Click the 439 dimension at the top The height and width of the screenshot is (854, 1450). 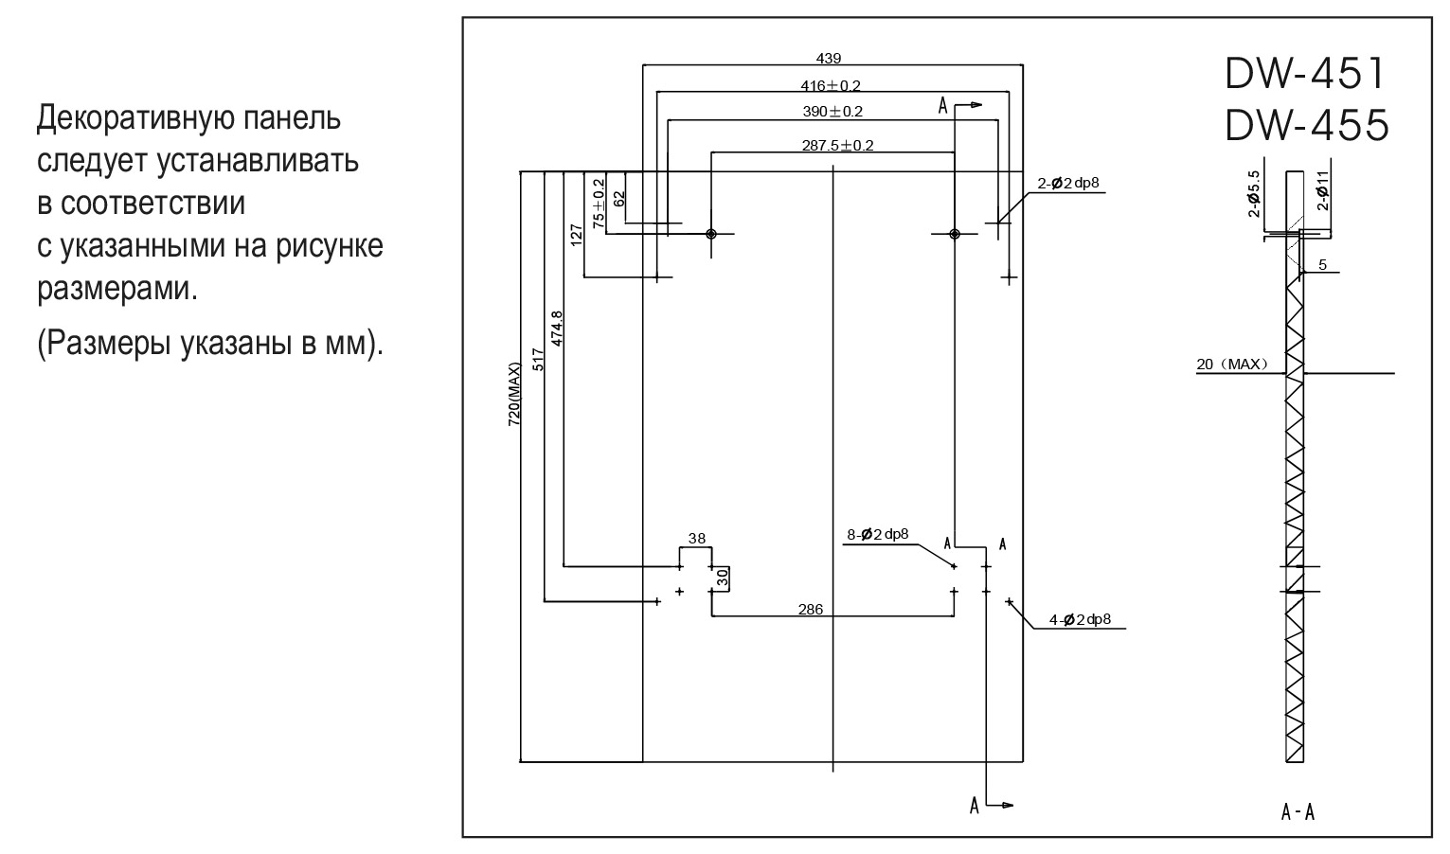click(828, 58)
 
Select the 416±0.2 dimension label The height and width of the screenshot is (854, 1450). click(831, 85)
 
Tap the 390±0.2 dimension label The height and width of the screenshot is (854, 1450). click(832, 111)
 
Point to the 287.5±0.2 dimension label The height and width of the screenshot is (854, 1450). click(837, 145)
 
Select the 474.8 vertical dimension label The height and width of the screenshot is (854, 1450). click(557, 328)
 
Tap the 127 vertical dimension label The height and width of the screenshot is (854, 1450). click(577, 235)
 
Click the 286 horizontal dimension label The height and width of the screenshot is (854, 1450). click(811, 610)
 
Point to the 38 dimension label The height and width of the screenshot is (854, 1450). click(696, 538)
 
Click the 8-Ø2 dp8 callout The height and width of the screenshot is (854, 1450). click(877, 534)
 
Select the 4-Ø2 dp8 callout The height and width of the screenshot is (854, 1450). click(1080, 620)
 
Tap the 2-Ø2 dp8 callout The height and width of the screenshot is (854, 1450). click(1068, 184)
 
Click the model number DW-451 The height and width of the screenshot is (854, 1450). click(1307, 73)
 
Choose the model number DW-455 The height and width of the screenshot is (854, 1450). click(1307, 125)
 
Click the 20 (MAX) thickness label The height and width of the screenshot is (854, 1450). click(1232, 364)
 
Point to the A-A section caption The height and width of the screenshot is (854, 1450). click(1298, 811)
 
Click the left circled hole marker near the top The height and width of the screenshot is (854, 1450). click(711, 234)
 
